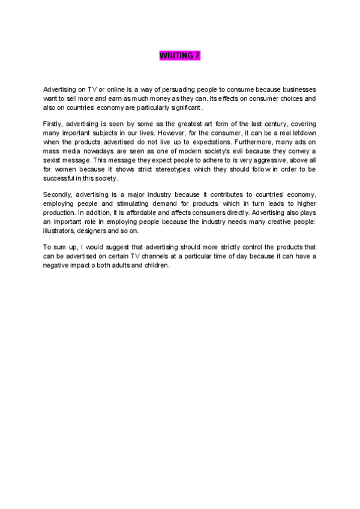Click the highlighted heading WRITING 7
point(179,56)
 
